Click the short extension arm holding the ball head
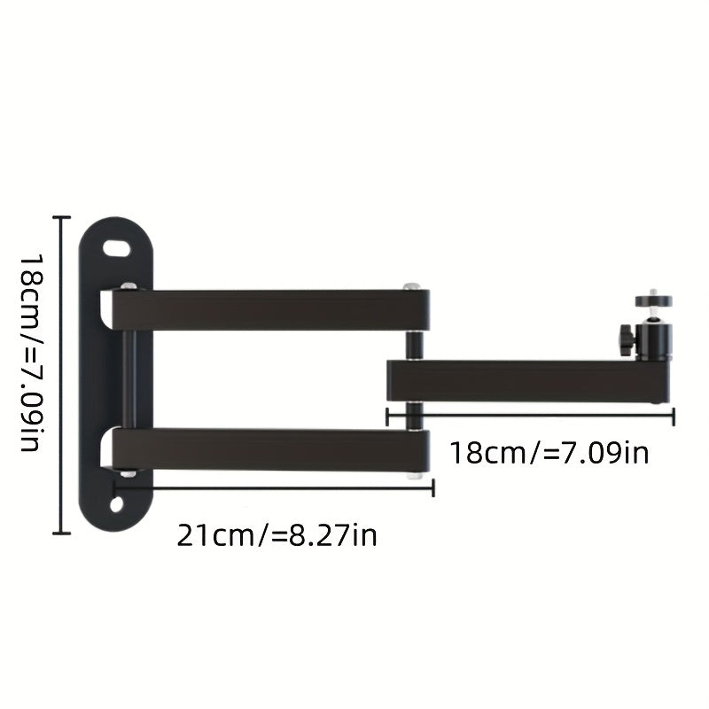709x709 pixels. [523, 380]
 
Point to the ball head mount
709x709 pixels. [655, 338]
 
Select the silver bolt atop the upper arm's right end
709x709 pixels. [411, 286]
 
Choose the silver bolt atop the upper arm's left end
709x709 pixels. [129, 286]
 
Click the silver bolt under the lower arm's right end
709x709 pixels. [413, 475]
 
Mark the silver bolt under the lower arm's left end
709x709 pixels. [129, 474]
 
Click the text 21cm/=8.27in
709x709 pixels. [277, 535]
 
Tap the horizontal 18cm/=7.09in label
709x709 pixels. [549, 453]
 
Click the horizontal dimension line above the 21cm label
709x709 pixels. [275, 486]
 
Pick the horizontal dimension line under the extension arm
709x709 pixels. [532, 415]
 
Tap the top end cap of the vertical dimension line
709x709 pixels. [60, 217]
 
